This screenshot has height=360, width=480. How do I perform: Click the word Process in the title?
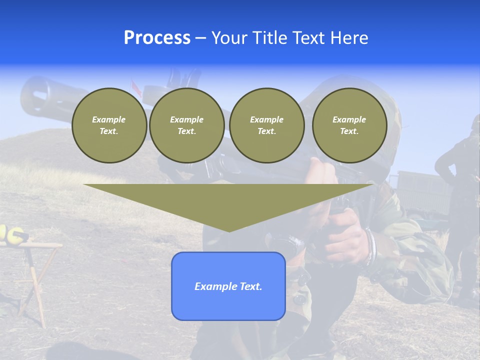click(157, 38)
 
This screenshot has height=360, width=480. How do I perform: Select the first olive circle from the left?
click(109, 125)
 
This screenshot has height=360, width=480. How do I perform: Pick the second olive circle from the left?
click(186, 125)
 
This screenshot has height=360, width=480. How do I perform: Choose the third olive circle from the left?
click(266, 125)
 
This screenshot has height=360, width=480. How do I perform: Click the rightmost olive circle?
click(349, 125)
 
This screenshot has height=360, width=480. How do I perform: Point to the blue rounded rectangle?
click(228, 305)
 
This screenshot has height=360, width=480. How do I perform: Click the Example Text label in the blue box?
click(228, 286)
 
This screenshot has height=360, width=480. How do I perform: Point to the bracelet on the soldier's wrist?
click(370, 247)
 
